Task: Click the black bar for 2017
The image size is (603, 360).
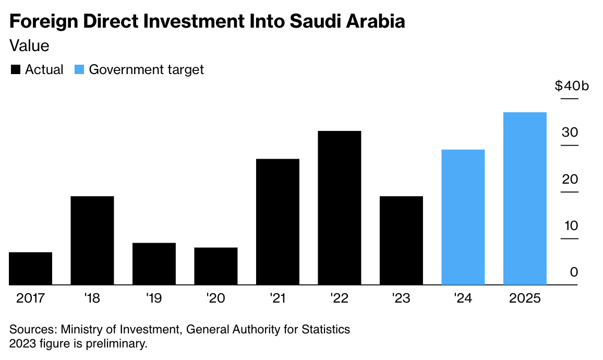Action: [x=31, y=268]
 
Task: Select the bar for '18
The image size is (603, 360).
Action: [x=92, y=240]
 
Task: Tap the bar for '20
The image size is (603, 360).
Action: [x=216, y=266]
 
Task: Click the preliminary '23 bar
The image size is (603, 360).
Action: [x=401, y=240]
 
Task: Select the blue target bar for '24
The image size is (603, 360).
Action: [x=463, y=217]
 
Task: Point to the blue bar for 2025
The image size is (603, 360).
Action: [x=525, y=198]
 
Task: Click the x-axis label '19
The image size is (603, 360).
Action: [x=154, y=298]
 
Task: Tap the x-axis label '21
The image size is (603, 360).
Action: [x=278, y=298]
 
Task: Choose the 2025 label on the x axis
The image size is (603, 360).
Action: [x=525, y=298]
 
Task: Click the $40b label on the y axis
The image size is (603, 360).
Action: [x=572, y=86]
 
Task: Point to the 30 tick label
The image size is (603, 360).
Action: [x=570, y=133]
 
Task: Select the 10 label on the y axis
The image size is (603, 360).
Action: [x=570, y=226]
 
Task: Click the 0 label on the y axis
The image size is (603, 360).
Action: [x=574, y=272]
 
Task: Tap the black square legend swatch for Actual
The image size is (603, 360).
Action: [x=16, y=70]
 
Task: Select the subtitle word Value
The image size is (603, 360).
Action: [x=30, y=46]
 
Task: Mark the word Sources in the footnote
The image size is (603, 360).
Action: [x=32, y=330]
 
